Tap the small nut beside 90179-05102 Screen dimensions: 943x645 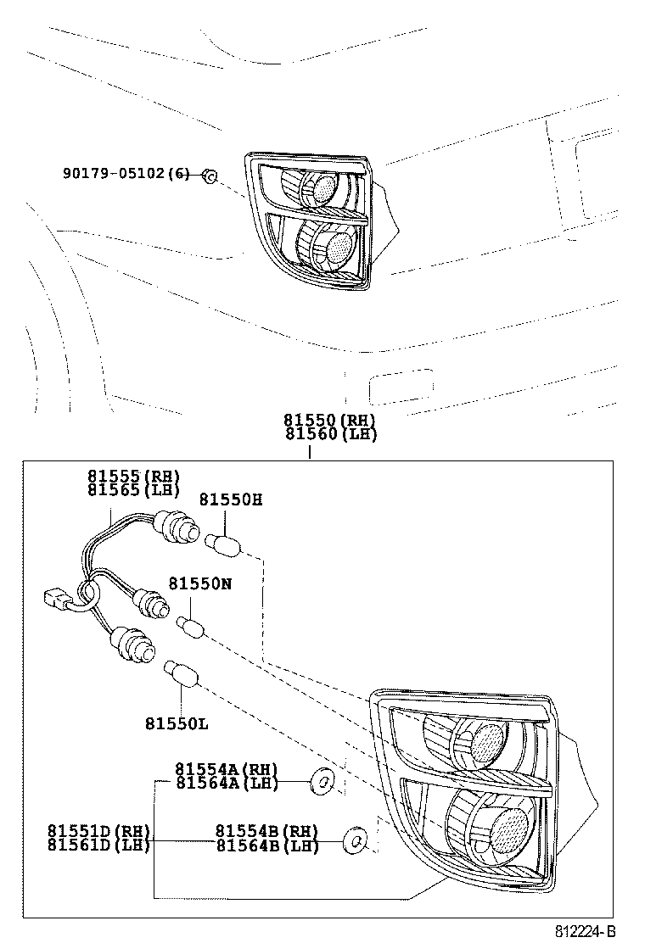point(211,176)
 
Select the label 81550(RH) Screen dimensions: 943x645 point(330,421)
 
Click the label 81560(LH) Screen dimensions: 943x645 point(330,434)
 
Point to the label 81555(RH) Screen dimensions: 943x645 point(133,477)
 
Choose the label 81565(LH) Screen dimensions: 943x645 point(133,489)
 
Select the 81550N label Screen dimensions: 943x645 point(200,583)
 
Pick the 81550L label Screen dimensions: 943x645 point(177,723)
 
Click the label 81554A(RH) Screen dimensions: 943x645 point(227,768)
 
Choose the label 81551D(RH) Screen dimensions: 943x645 point(98,831)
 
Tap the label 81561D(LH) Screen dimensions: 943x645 point(98,845)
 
